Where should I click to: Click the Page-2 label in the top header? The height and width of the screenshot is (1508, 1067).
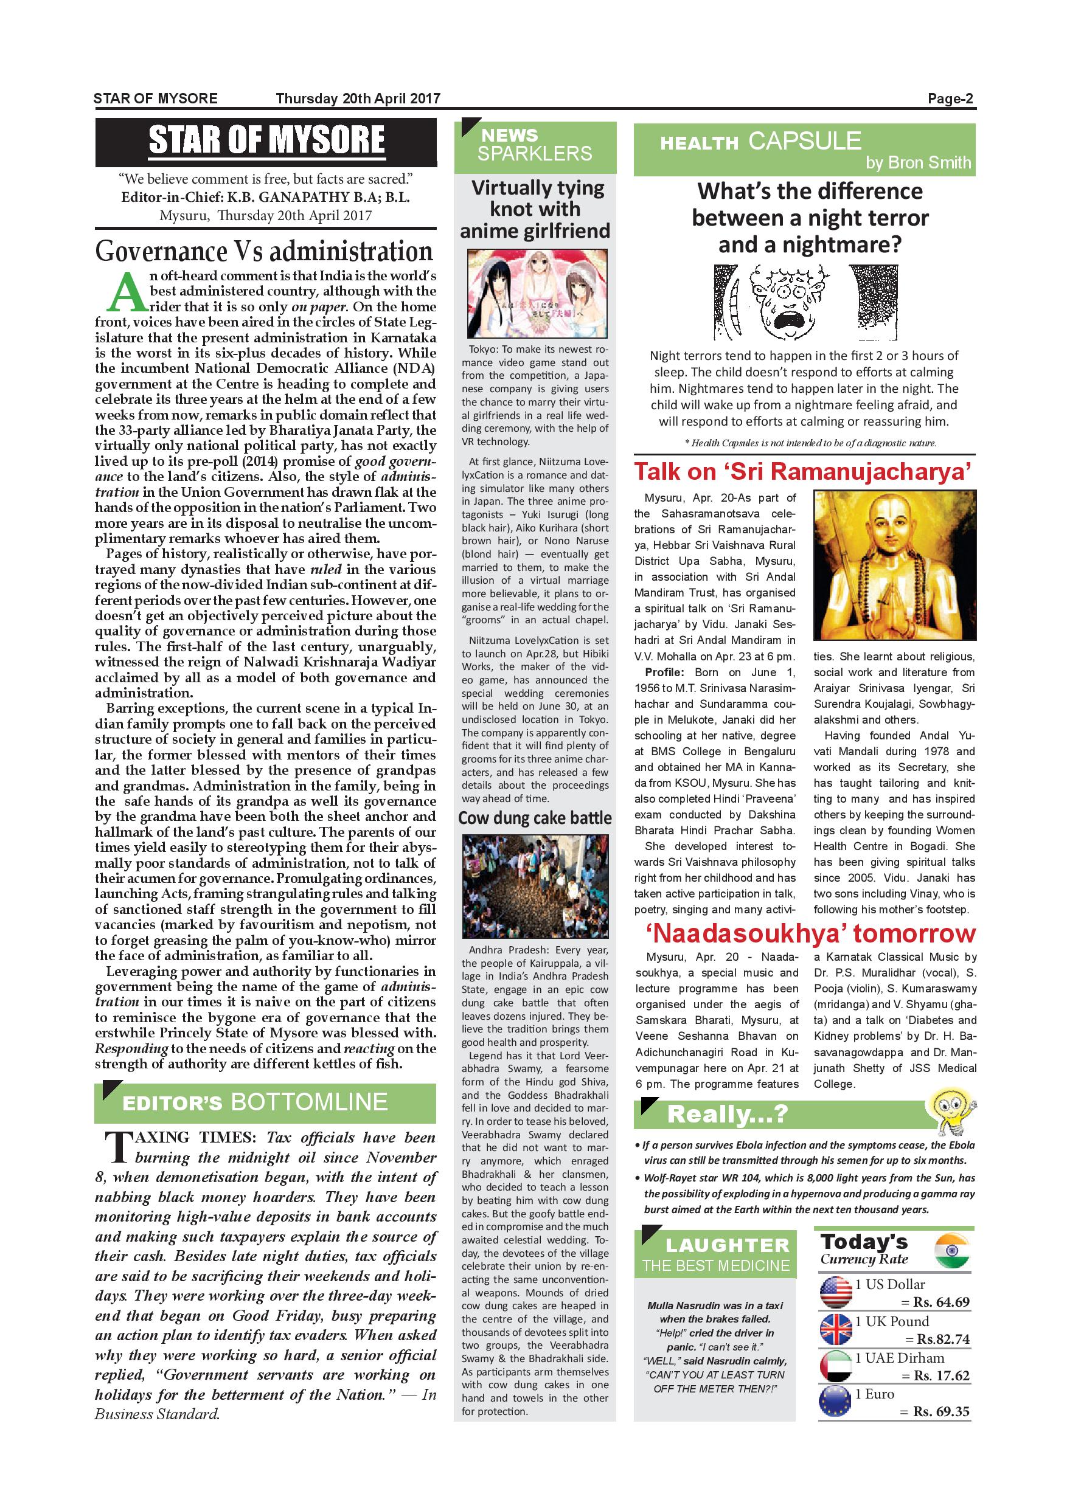click(950, 99)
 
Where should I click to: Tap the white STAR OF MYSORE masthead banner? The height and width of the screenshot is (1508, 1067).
click(266, 141)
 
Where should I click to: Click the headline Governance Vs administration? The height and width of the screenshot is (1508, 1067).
click(264, 252)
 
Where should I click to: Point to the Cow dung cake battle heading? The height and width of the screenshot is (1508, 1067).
click(535, 818)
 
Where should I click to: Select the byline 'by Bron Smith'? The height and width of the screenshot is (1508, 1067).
click(918, 163)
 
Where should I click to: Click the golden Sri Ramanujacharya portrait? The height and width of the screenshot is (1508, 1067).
click(894, 565)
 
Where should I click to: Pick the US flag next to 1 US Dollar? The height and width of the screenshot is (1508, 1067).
click(836, 1292)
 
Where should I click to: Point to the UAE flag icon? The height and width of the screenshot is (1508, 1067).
click(836, 1366)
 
